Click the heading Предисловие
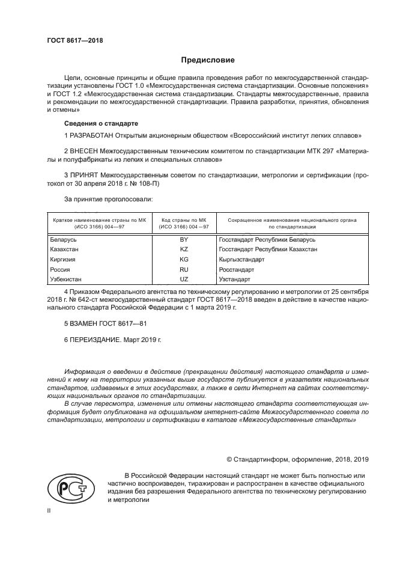[x=208, y=60]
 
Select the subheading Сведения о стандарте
[x=96, y=123]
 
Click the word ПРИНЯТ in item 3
[x=85, y=174]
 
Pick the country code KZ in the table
[x=184, y=249]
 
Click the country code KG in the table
[x=184, y=259]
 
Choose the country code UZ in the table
[x=184, y=279]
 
